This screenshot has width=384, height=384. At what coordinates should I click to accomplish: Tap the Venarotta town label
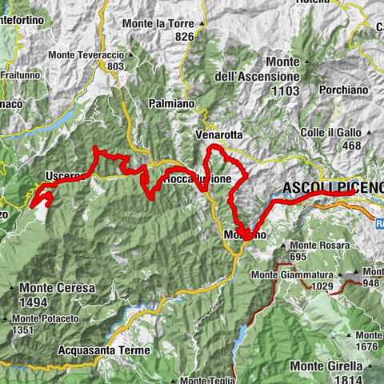(x=218, y=135)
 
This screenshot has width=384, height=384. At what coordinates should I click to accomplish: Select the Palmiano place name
(x=171, y=103)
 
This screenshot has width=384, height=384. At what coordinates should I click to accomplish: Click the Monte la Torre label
(x=159, y=24)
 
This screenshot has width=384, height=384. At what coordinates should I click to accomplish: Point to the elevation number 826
(x=184, y=37)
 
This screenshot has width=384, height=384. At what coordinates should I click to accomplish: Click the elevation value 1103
(x=285, y=91)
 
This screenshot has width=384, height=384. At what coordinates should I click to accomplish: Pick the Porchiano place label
(x=341, y=90)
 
